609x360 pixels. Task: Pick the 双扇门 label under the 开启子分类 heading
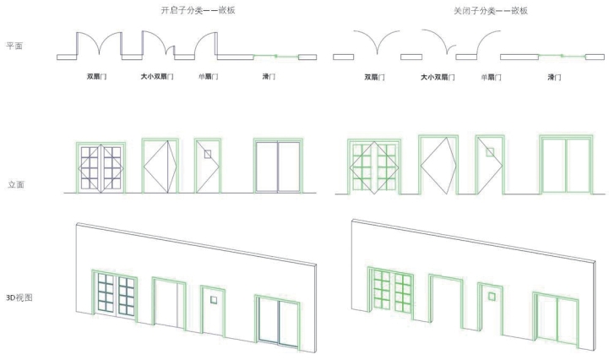(96, 77)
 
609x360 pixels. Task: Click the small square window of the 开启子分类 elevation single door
(206, 154)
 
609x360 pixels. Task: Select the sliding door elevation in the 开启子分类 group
(278, 166)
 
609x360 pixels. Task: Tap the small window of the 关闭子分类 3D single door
(491, 296)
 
